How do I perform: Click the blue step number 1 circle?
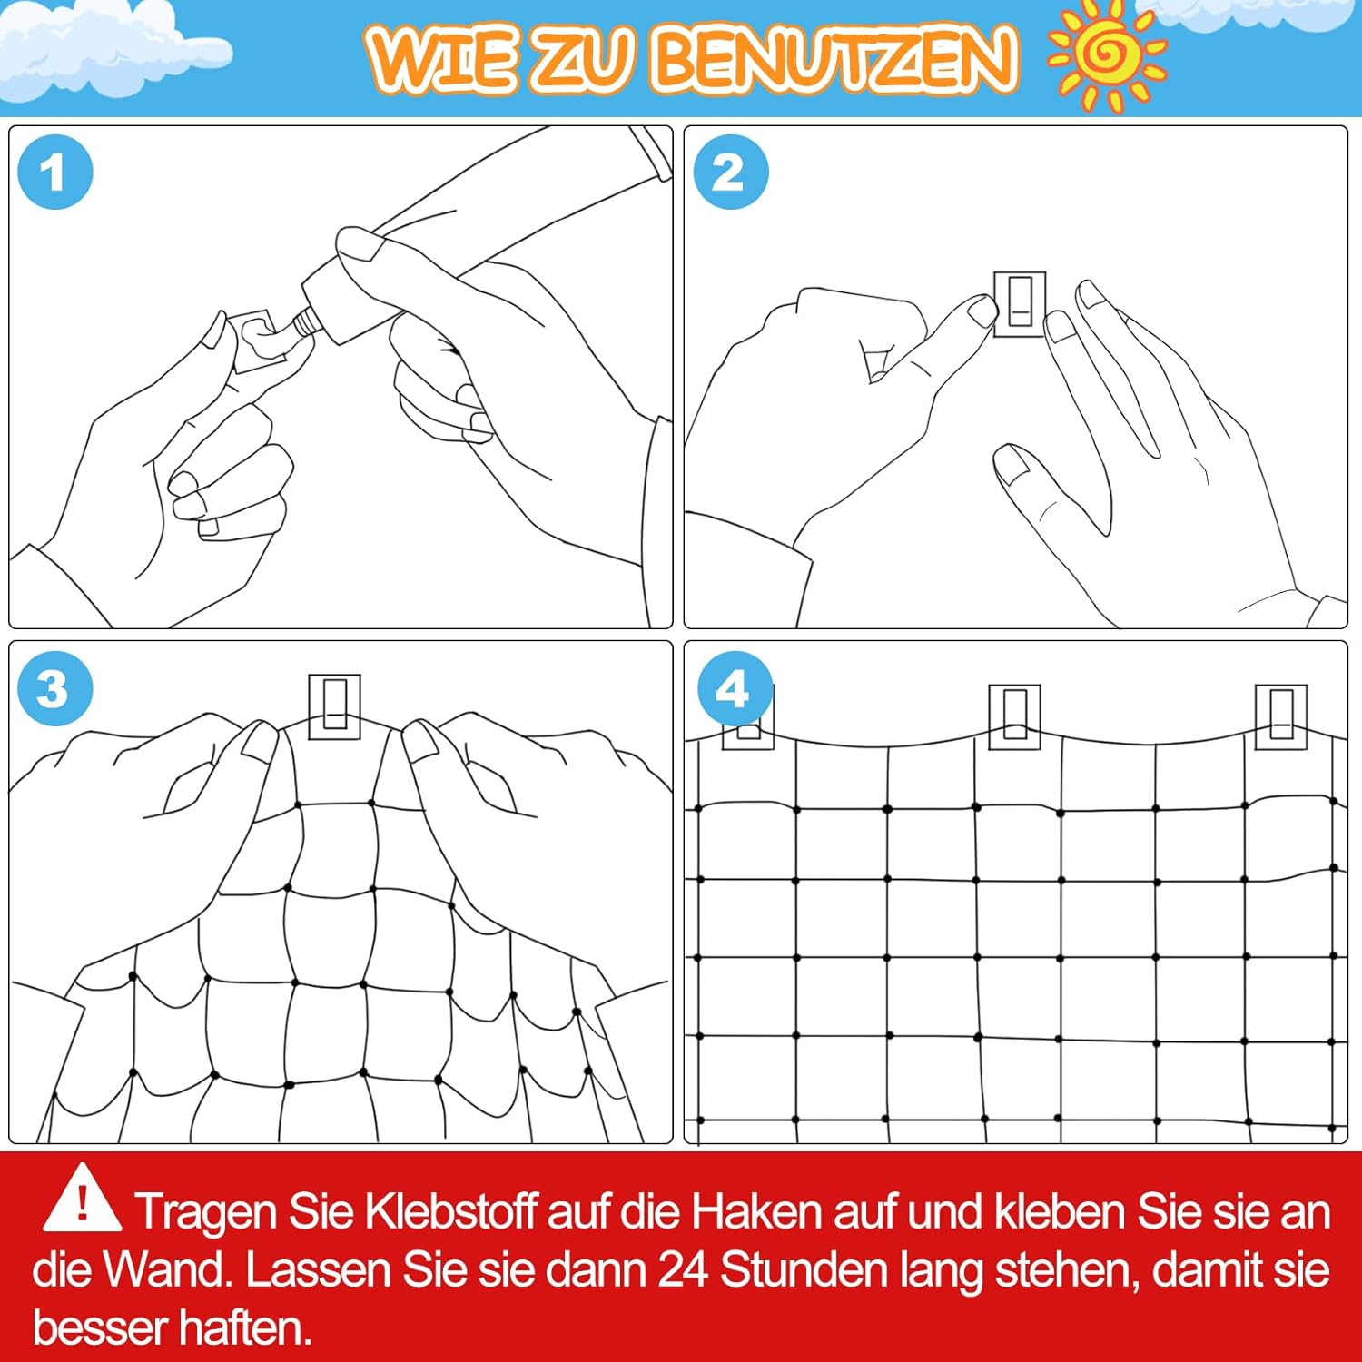[55, 172]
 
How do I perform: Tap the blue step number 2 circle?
[731, 172]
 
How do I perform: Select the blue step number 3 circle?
[55, 687]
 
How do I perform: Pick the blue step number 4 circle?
[735, 687]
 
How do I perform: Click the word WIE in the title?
[441, 58]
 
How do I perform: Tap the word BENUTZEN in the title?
[833, 58]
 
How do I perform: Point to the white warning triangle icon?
[82, 1199]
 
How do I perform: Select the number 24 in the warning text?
[683, 1269]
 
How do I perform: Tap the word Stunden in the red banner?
[804, 1269]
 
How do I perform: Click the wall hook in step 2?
[1020, 303]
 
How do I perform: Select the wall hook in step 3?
[335, 706]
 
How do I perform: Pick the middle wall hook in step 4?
[1014, 717]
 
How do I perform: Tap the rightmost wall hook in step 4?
[1280, 717]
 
